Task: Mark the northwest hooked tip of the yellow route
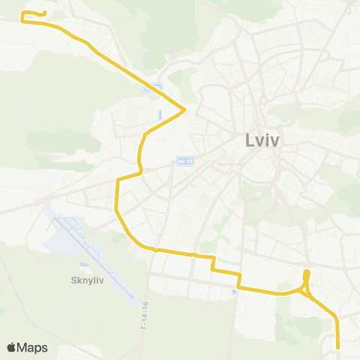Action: [45, 13]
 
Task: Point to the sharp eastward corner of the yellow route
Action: [185, 111]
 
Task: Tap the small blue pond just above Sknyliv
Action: [84, 264]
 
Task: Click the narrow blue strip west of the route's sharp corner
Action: [160, 115]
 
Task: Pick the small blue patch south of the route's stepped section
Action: [235, 293]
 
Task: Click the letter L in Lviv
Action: [249, 140]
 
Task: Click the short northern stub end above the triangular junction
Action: [306, 271]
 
